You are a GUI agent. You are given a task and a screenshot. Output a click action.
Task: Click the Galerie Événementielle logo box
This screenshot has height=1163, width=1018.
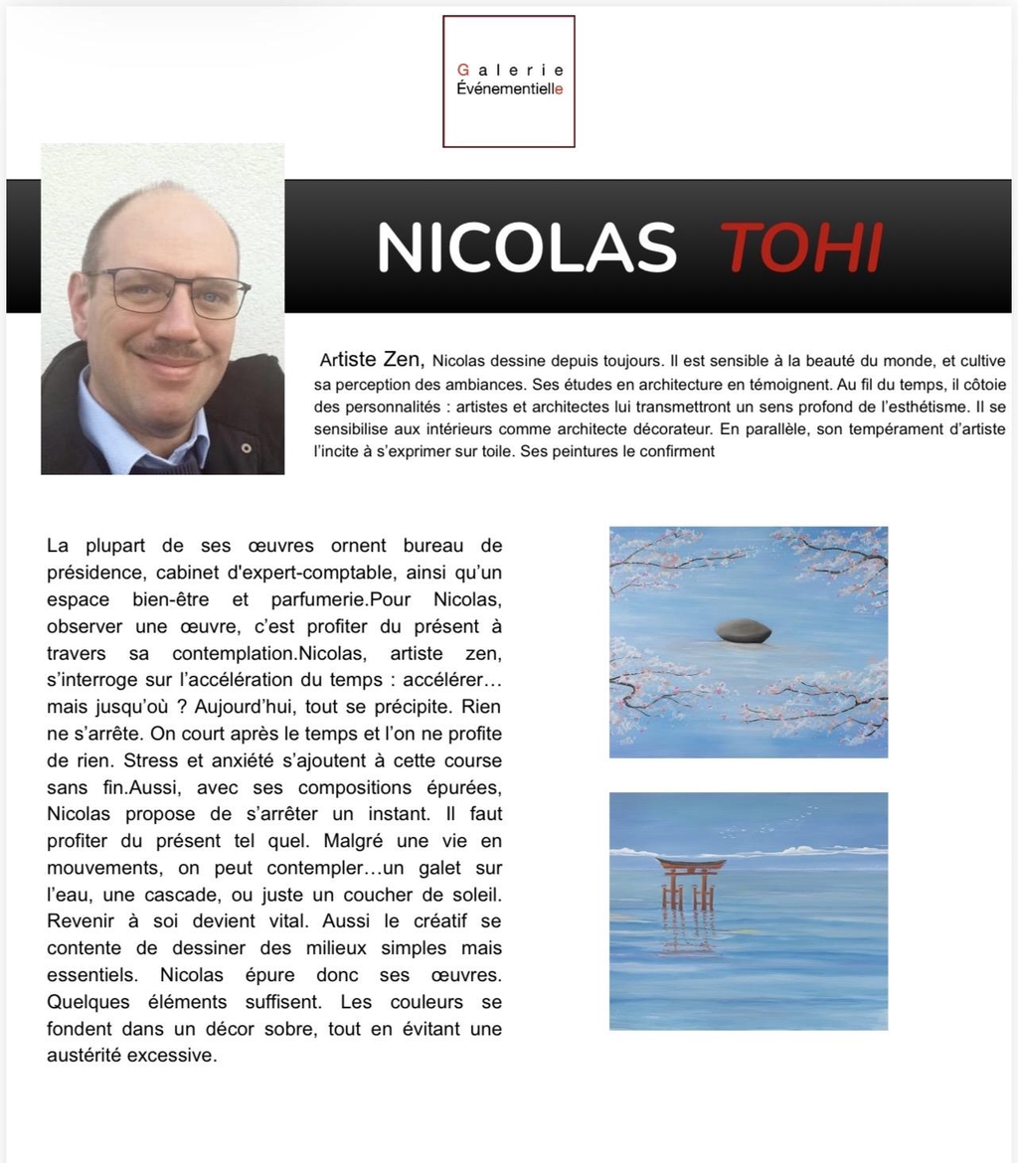(508, 82)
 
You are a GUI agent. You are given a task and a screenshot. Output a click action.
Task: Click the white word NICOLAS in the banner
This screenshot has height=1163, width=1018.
(526, 248)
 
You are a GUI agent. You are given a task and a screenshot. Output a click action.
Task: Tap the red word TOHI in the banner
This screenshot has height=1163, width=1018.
(800, 248)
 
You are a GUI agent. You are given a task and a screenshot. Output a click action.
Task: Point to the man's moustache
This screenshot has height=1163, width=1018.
(171, 350)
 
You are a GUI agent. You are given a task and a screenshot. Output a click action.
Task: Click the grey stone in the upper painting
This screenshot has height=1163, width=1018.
(744, 630)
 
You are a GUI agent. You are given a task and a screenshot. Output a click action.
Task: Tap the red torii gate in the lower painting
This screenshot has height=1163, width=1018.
(690, 880)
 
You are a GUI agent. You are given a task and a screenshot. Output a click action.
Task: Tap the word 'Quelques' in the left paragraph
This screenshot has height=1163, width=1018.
(88, 1002)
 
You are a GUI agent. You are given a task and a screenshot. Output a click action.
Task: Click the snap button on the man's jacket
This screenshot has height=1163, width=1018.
(246, 448)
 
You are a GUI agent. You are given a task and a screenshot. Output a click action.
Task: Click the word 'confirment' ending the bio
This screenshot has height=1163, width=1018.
(676, 452)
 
